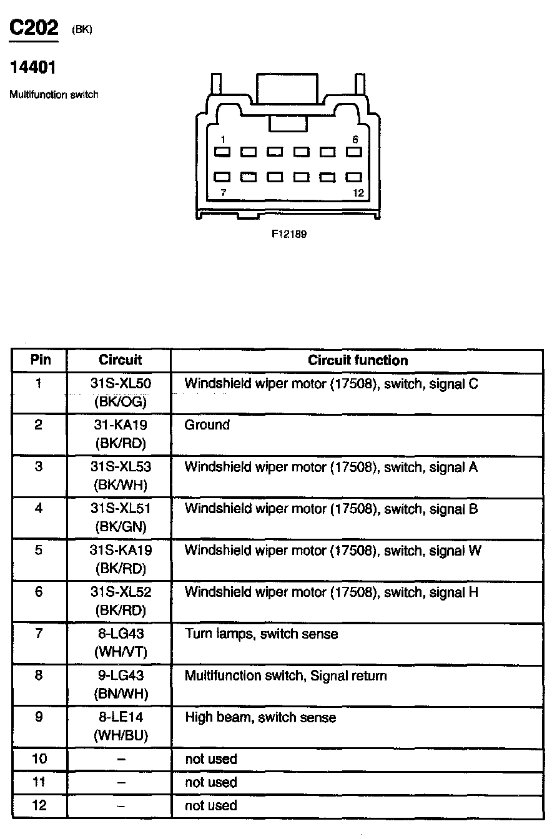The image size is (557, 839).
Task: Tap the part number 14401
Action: click(32, 67)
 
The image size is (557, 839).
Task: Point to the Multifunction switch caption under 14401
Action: click(54, 95)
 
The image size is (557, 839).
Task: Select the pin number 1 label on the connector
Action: click(223, 140)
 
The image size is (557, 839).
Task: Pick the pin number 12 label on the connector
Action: click(358, 194)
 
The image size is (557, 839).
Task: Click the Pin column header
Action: click(39, 360)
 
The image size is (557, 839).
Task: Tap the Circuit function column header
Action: click(357, 360)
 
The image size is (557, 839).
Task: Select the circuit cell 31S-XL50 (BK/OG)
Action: click(121, 392)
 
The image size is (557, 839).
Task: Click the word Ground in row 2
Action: click(207, 425)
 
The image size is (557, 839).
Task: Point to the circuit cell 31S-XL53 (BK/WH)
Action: click(121, 476)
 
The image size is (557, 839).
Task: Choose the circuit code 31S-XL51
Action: click(121, 509)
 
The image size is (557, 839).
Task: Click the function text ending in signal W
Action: click(333, 551)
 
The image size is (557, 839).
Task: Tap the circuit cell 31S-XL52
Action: click(121, 592)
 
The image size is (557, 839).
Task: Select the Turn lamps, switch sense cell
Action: click(261, 634)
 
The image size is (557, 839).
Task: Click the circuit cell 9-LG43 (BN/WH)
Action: click(121, 684)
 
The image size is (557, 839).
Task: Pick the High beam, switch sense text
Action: click(260, 718)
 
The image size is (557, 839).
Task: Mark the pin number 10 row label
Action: click(39, 759)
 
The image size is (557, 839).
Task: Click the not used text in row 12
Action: click(211, 806)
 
